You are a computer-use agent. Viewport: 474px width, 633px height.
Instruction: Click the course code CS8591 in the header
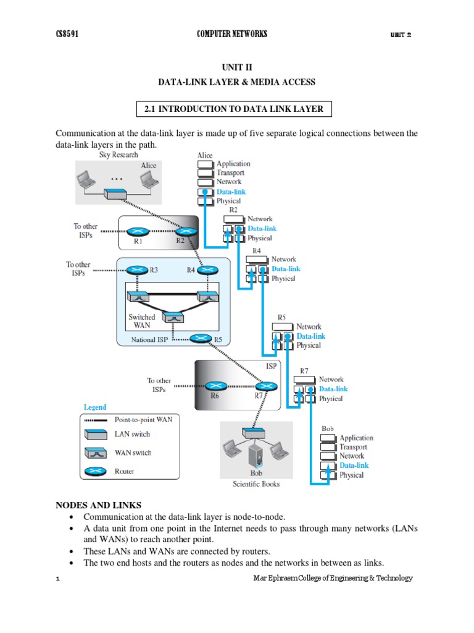click(x=67, y=34)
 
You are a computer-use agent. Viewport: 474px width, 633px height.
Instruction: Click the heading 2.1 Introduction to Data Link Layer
click(x=234, y=109)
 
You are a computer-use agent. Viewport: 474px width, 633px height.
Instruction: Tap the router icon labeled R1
click(x=139, y=232)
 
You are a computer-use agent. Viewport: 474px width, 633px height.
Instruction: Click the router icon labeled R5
click(x=201, y=339)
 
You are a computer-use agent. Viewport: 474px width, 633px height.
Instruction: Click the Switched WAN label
click(x=142, y=321)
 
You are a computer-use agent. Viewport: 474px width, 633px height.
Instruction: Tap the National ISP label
click(x=149, y=340)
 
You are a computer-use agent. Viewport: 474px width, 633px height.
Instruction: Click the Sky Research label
click(x=118, y=155)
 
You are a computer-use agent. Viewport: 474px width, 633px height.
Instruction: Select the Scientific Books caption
click(x=256, y=483)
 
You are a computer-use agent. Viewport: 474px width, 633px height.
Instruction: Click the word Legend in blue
click(x=94, y=407)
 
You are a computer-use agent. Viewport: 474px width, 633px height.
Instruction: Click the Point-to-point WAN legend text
click(x=143, y=419)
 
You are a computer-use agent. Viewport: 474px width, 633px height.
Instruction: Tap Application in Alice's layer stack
click(x=233, y=164)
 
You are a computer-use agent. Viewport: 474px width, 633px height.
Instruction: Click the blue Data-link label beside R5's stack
click(x=310, y=336)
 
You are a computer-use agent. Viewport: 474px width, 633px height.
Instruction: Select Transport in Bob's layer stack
click(x=353, y=447)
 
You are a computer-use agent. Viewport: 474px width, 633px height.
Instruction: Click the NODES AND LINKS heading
click(x=98, y=505)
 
